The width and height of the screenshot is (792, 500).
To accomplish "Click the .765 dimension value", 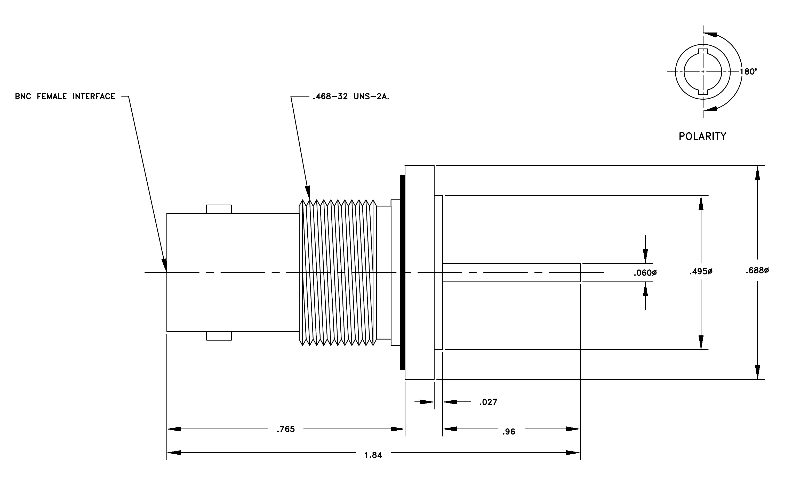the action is [285, 429].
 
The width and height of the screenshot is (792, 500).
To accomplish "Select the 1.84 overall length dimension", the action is [373, 455].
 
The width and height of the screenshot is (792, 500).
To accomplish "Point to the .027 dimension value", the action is [488, 402].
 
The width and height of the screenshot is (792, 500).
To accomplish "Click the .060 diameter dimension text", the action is [645, 273].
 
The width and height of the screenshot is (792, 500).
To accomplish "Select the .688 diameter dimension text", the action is [757, 271].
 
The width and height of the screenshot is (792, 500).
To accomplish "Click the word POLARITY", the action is [702, 136].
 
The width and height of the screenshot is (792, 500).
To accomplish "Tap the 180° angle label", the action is [748, 72].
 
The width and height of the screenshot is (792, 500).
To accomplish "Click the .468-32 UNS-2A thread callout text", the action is [351, 97].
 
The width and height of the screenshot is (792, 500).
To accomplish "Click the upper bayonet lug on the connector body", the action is [219, 209].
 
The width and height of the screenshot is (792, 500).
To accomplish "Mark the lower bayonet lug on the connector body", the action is [219, 336].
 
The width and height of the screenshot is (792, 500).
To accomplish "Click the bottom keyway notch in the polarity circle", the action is [703, 92].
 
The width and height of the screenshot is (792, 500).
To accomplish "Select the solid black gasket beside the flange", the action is [403, 272].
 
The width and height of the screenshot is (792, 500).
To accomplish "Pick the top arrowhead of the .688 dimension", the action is [757, 173].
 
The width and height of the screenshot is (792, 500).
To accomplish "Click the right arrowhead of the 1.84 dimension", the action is [573, 453].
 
